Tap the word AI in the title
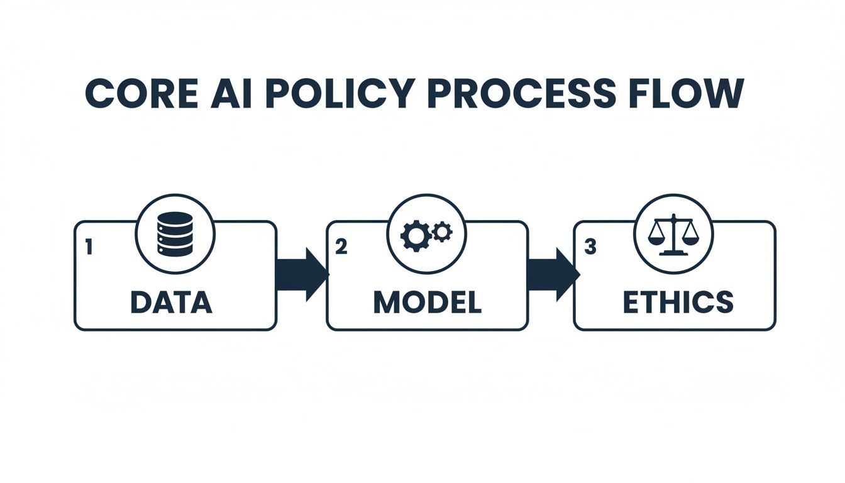click(236, 94)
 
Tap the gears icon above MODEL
click(426, 234)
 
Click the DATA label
click(172, 303)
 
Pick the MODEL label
click(427, 303)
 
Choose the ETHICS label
click(678, 303)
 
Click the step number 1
click(89, 247)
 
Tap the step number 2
click(341, 247)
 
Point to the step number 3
click(590, 247)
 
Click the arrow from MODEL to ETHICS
click(551, 274)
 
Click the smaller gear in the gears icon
click(443, 231)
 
